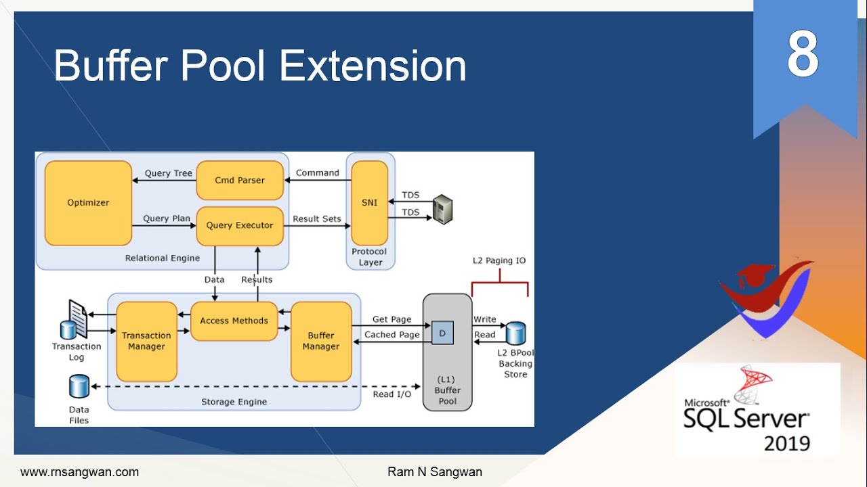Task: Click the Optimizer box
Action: click(x=88, y=203)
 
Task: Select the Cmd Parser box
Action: click(x=240, y=181)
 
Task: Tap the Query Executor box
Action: click(x=240, y=225)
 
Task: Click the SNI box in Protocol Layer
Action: click(x=369, y=203)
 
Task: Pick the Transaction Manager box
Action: click(x=146, y=341)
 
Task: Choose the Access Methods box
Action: click(x=234, y=321)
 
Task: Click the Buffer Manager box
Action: click(x=321, y=341)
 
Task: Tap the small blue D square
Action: click(x=442, y=333)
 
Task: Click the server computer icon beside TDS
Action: click(x=442, y=209)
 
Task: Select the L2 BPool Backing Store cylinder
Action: click(x=516, y=333)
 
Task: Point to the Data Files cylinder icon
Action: click(x=79, y=387)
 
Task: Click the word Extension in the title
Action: click(x=373, y=66)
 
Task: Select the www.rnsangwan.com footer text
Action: click(x=79, y=472)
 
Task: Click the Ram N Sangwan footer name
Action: click(x=434, y=472)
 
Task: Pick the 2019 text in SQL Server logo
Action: click(x=787, y=444)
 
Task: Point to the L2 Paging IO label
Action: click(x=499, y=260)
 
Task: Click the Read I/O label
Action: click(x=392, y=394)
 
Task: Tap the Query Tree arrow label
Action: click(x=168, y=173)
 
